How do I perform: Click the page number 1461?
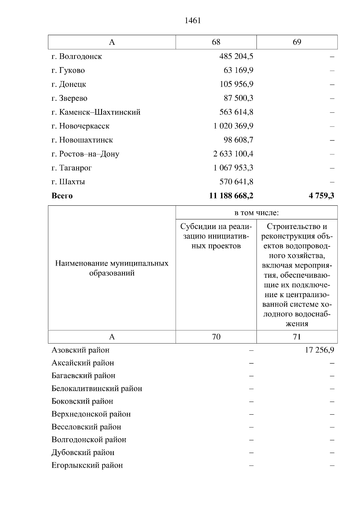(x=193, y=21)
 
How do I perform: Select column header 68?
(x=216, y=42)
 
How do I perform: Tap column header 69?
(x=297, y=42)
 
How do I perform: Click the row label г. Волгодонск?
(x=77, y=56)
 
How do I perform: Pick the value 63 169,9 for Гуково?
(x=238, y=70)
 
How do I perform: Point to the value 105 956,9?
(x=236, y=84)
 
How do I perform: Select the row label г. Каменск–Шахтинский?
(x=96, y=112)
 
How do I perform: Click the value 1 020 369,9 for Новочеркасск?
(x=233, y=126)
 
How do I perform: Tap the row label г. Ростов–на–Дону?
(x=85, y=154)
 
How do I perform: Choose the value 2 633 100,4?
(x=233, y=154)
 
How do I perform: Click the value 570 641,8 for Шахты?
(x=236, y=182)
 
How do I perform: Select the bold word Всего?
(x=62, y=196)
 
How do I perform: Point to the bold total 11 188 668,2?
(x=231, y=196)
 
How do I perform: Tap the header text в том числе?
(x=256, y=213)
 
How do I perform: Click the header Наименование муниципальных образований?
(x=112, y=268)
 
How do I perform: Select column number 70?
(x=216, y=337)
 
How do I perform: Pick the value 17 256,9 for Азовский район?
(x=319, y=350)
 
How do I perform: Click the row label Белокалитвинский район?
(x=97, y=388)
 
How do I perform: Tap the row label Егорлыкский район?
(x=87, y=465)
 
